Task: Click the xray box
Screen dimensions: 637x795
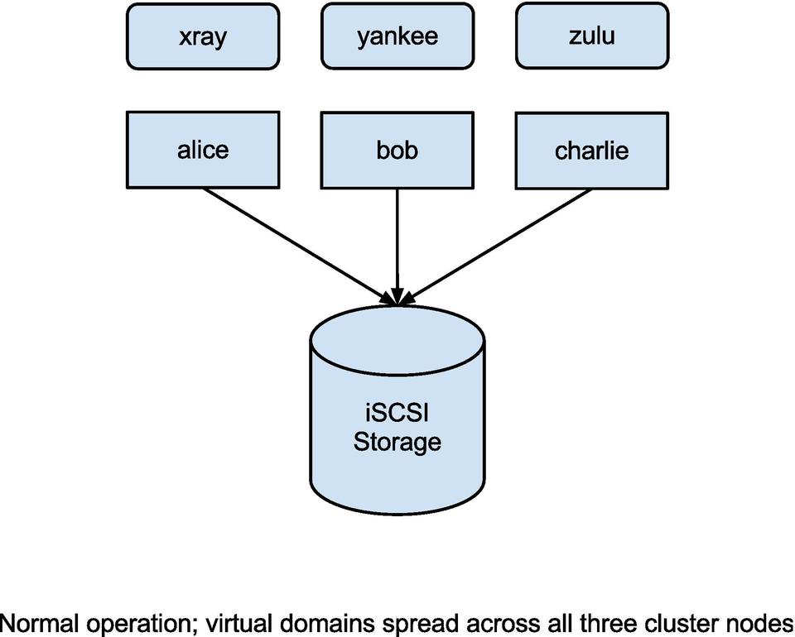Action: click(x=203, y=36)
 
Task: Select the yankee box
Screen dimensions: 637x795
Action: click(x=397, y=36)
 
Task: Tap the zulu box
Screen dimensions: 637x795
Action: click(x=591, y=36)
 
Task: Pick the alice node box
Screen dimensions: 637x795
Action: click(x=203, y=150)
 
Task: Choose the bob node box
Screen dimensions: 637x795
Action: click(x=397, y=150)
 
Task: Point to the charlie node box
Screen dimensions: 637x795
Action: click(x=591, y=151)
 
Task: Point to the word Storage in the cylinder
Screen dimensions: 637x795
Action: click(x=397, y=441)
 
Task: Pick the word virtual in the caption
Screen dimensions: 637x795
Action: click(x=238, y=621)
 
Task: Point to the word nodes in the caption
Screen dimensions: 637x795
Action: click(x=758, y=621)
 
